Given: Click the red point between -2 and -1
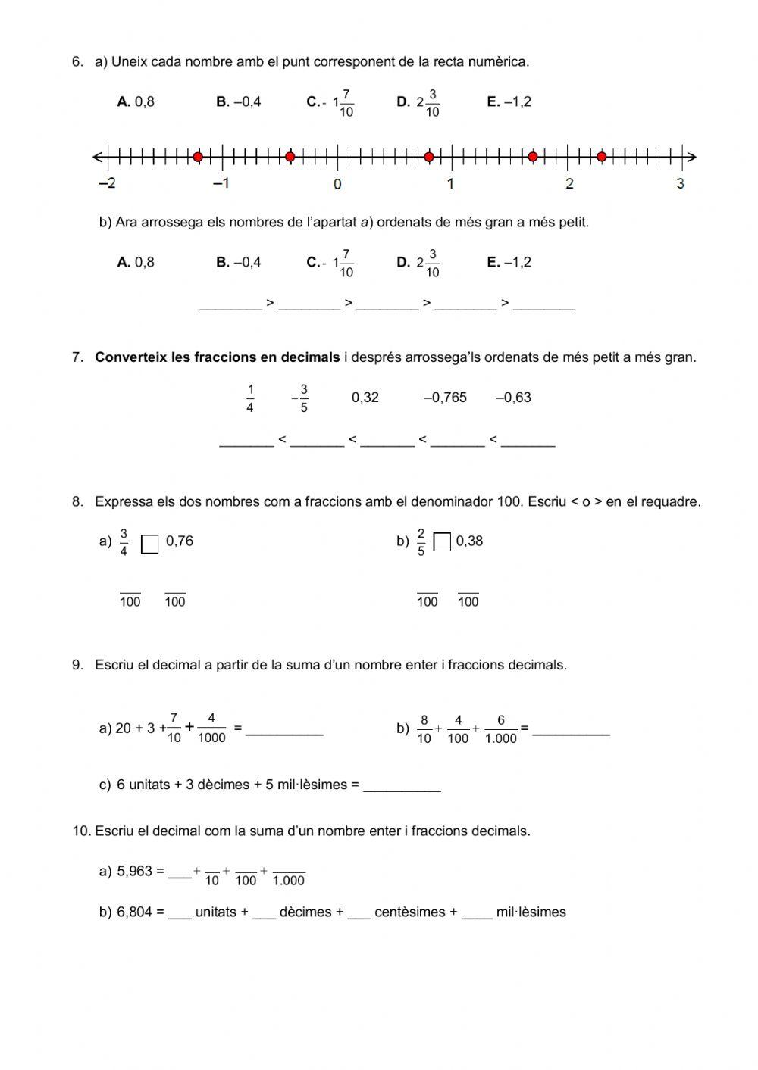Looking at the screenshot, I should pos(198,157).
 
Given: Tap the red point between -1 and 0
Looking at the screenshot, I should pos(290,157).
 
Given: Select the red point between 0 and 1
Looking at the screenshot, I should pos(429,157).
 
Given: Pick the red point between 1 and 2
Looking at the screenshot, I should pos(533,157).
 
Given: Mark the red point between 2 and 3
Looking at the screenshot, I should pos(601,157).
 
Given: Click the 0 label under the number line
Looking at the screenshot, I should pos(337,184).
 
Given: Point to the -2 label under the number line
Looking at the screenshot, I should pos(107,183).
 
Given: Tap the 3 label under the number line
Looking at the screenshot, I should pos(680,183).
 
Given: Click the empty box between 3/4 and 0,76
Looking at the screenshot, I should pos(150,544).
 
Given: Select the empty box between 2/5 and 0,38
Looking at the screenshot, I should pos(442,542).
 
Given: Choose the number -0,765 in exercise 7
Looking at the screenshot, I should pos(445,398).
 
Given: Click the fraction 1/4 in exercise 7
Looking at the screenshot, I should pos(250,398).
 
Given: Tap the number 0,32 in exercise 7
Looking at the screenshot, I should pos(365,398).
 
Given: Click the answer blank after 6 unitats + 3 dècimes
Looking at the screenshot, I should pos(402,786).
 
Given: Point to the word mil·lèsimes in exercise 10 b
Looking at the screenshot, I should pos(531,912).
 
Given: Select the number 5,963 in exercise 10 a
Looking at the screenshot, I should pos(134,872).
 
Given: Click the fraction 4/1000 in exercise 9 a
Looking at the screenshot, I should pos(211,728).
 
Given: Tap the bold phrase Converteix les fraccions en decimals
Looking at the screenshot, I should pos(218,357).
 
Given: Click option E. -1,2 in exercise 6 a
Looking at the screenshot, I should pos(509,102).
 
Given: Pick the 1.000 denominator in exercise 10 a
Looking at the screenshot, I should pos(288,881).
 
